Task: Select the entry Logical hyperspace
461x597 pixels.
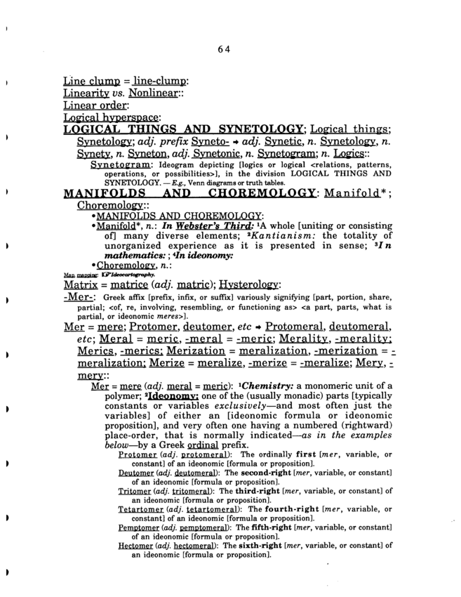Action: point(112,118)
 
